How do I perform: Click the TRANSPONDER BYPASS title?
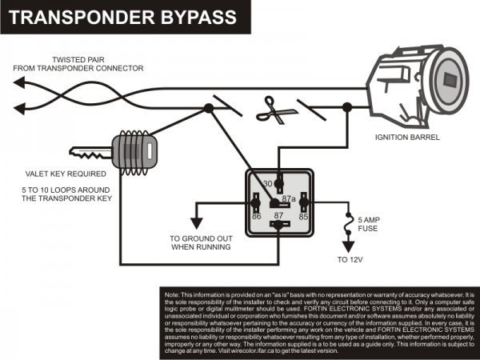point(121,16)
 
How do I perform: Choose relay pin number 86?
point(257,215)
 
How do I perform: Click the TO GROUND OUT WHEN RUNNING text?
point(200,242)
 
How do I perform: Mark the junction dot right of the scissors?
point(346,108)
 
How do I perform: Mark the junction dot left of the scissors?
point(209,107)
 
